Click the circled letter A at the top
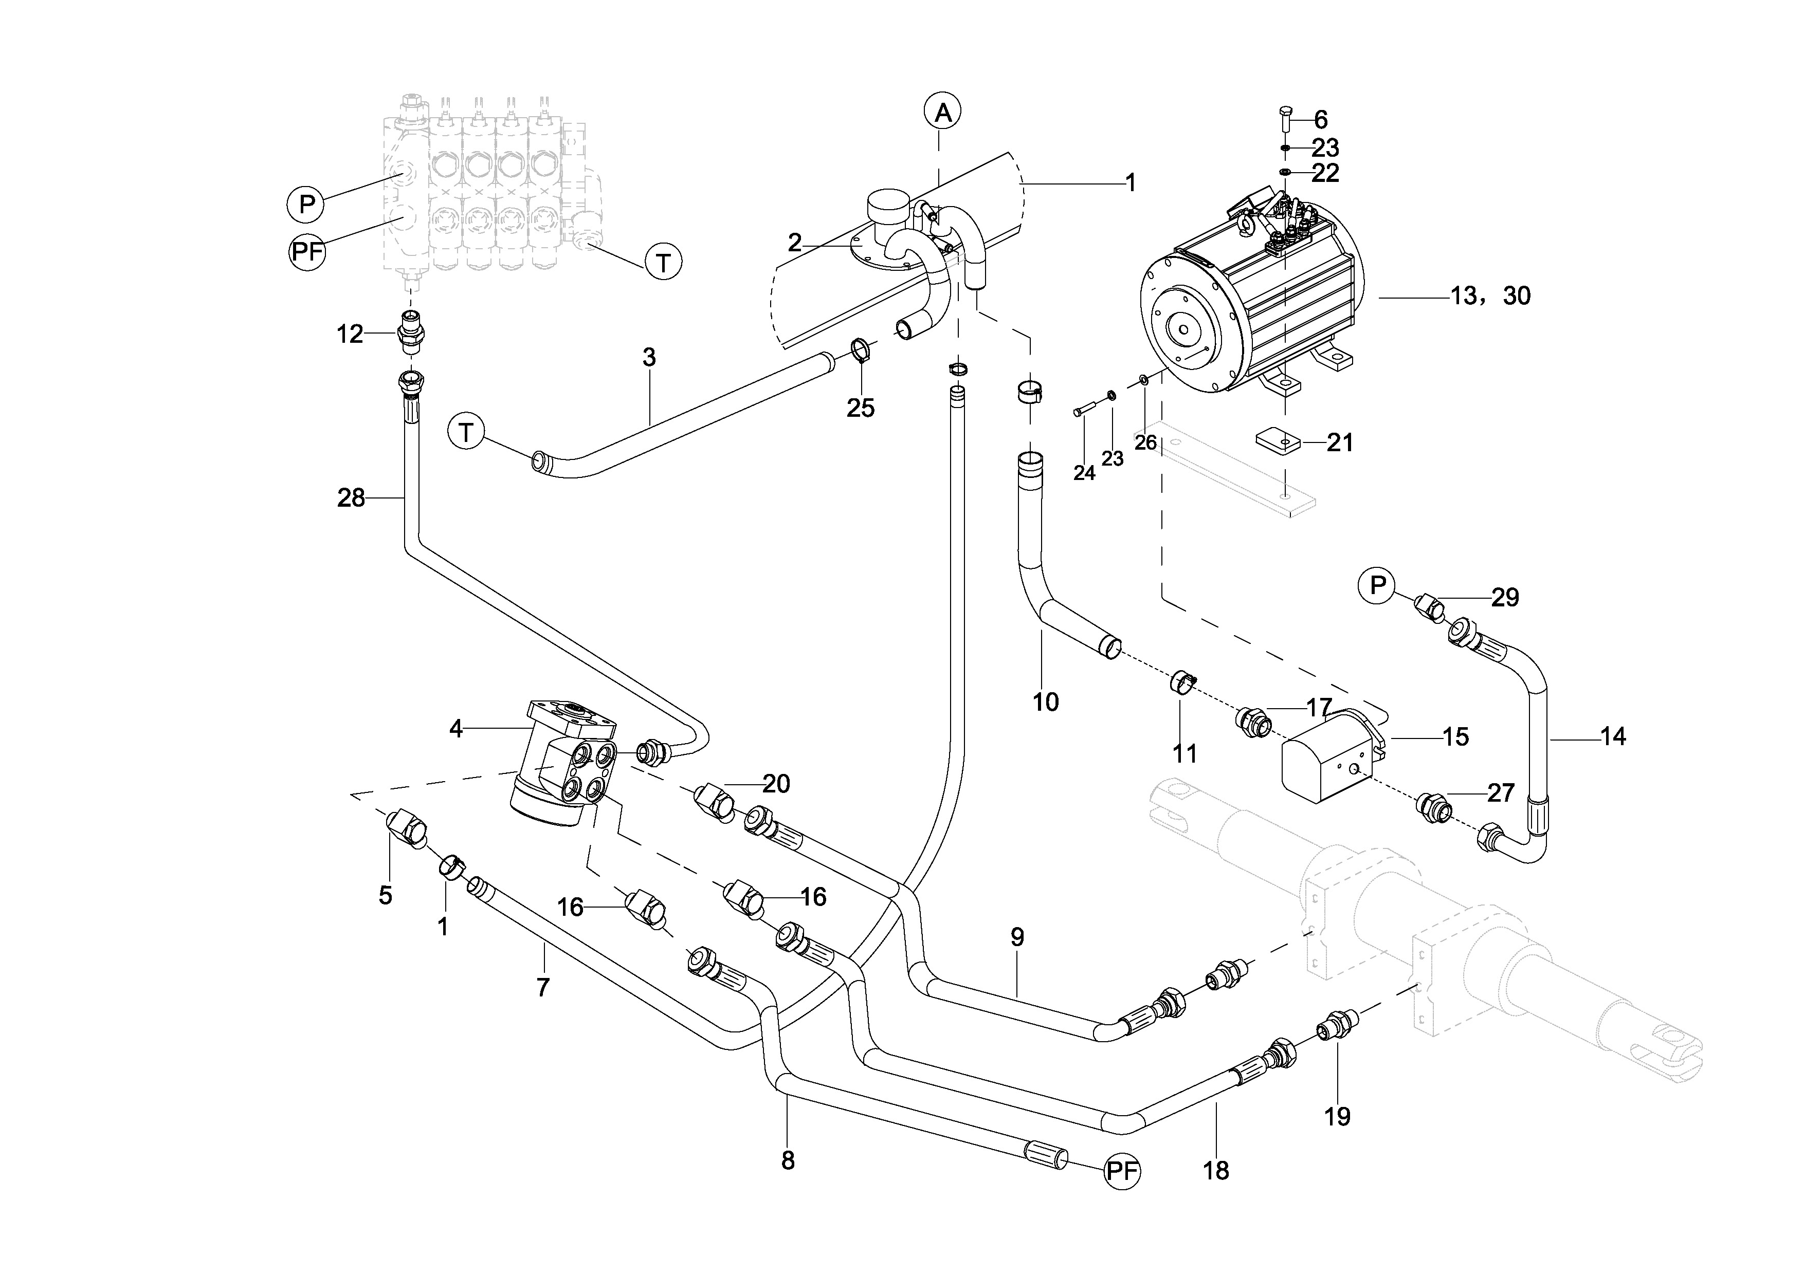point(943,113)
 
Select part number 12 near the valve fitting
point(350,335)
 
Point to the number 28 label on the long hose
point(351,498)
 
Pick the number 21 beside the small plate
point(1340,443)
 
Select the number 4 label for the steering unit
point(455,729)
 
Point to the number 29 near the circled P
point(1505,598)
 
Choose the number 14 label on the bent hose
point(1613,737)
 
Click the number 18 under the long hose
point(1215,1171)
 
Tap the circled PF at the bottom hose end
point(1121,1171)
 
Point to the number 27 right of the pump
point(1500,792)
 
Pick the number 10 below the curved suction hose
point(1045,701)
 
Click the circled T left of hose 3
point(466,433)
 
